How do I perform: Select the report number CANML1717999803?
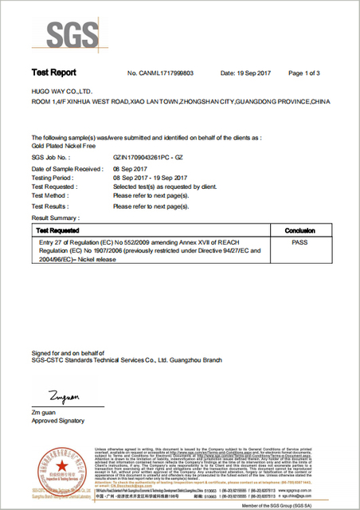coord(162,73)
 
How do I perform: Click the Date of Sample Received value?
coord(131,170)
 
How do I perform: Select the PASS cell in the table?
coord(300,240)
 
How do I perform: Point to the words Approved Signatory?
coord(57,420)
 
